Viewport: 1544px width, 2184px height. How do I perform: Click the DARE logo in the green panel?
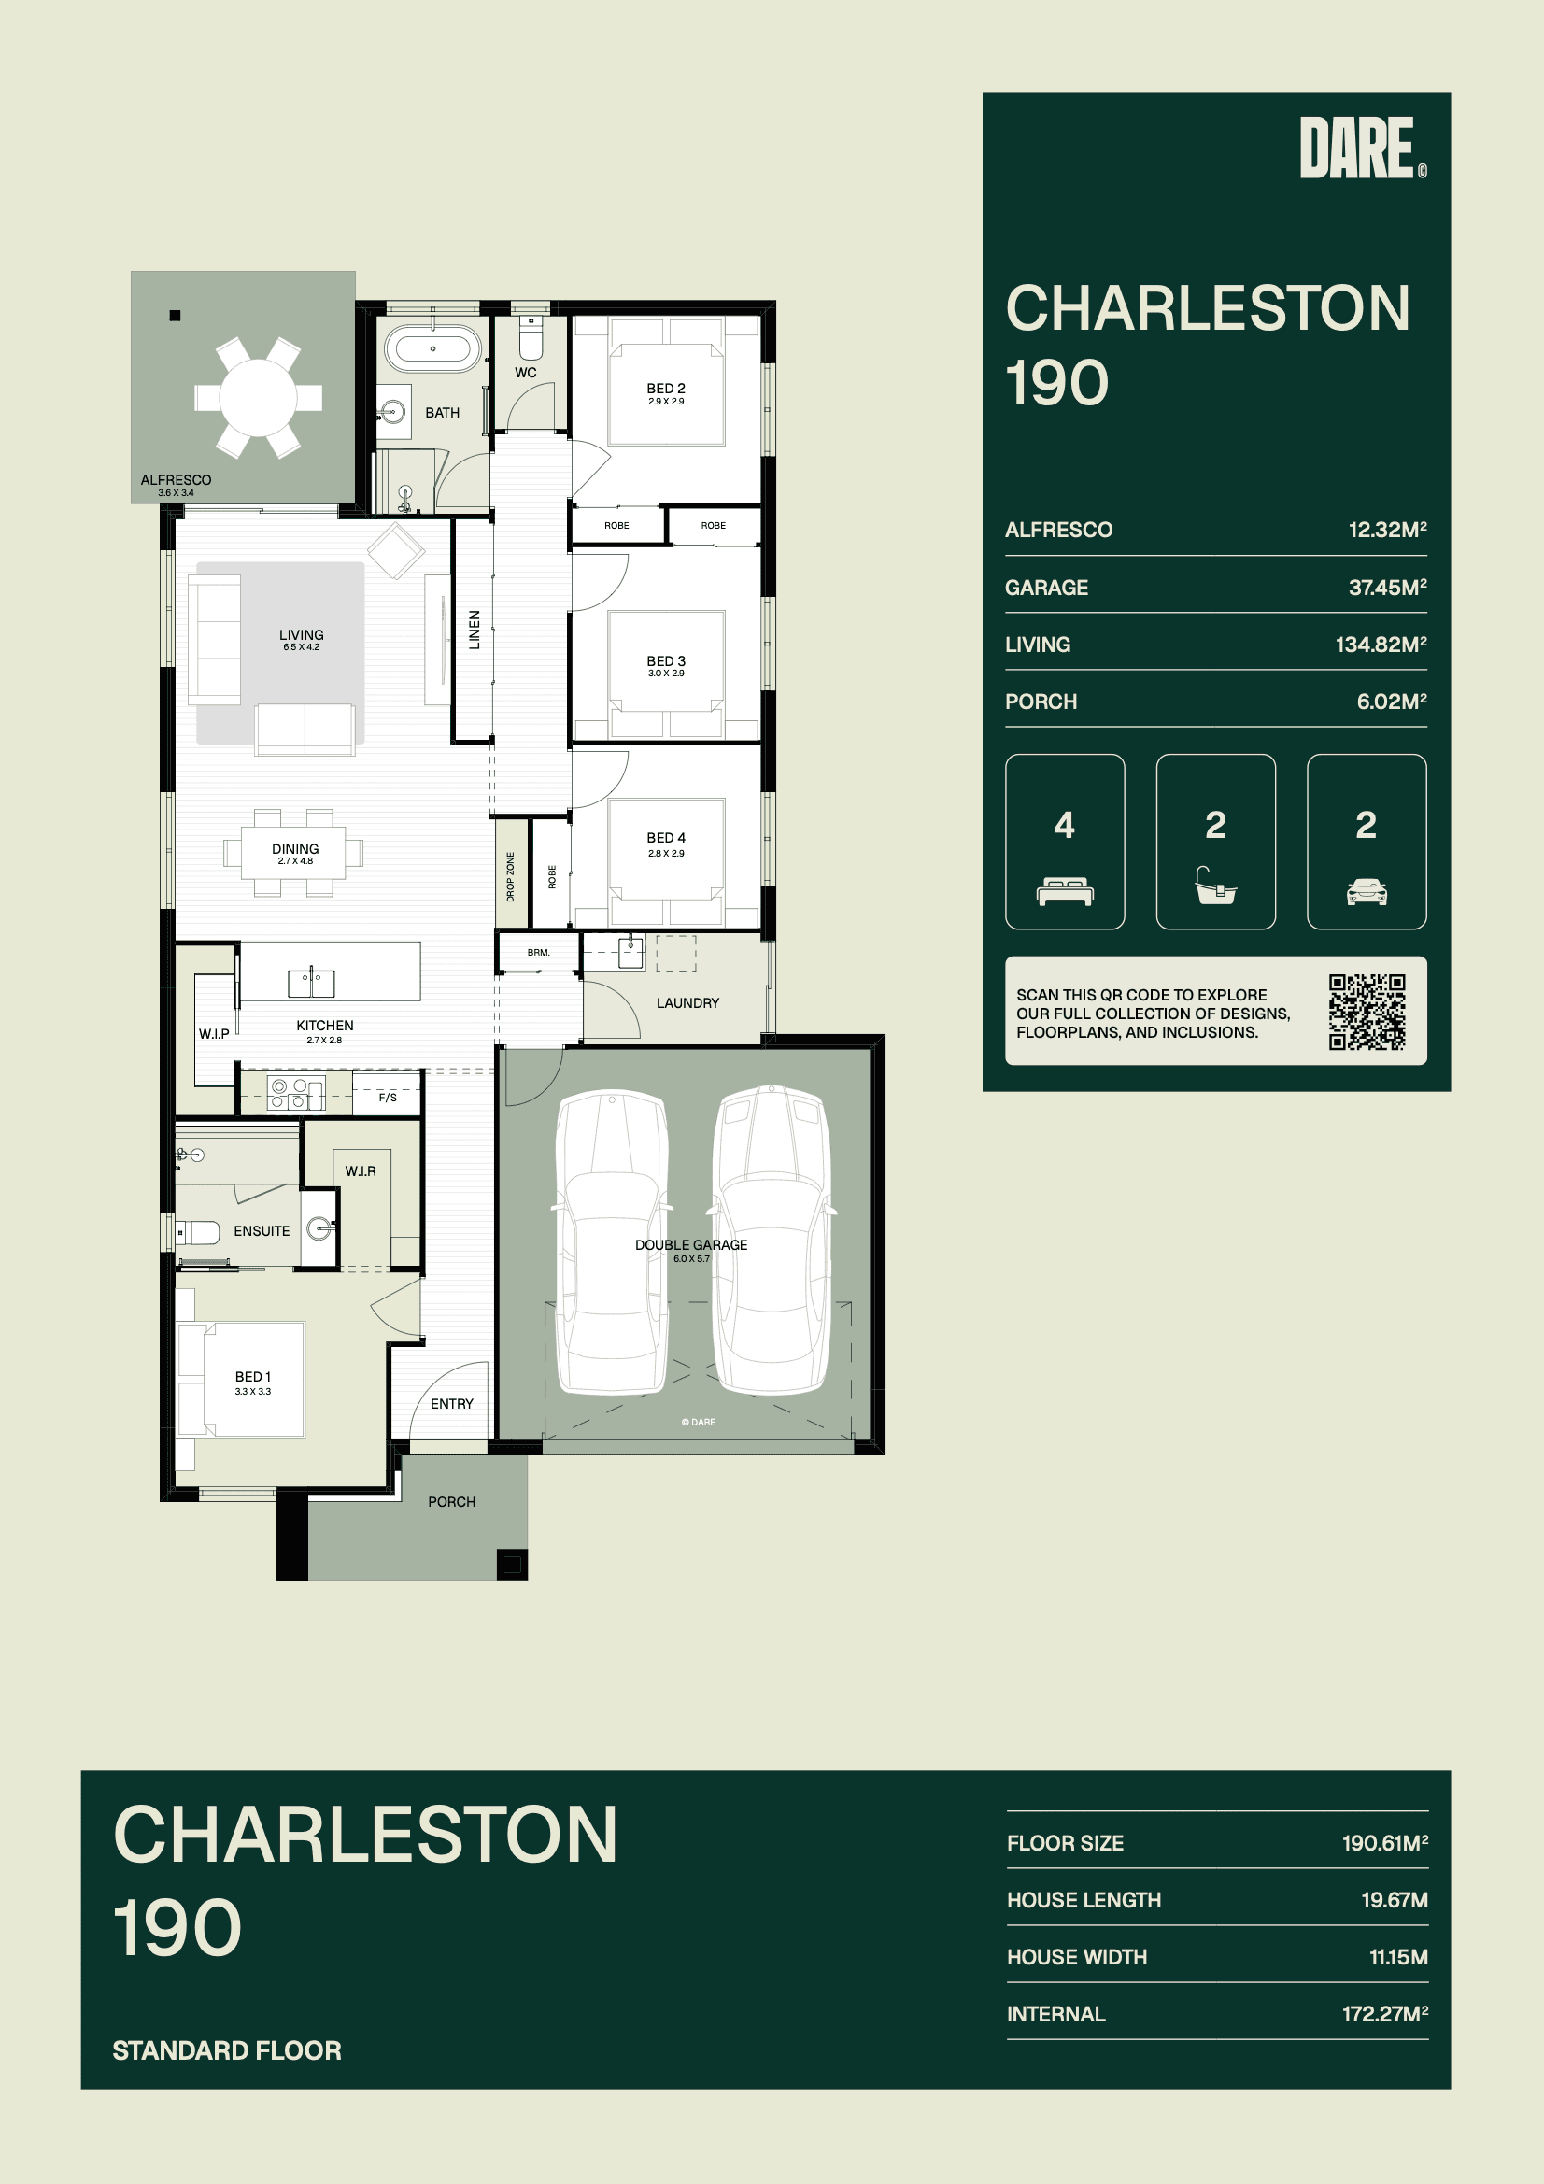click(x=1362, y=148)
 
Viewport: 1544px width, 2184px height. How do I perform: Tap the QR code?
click(x=1367, y=1011)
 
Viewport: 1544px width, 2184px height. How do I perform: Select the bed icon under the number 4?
click(x=1065, y=891)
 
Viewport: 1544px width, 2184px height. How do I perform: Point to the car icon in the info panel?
click(x=1367, y=891)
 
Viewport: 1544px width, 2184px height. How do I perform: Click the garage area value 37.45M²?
click(x=1387, y=587)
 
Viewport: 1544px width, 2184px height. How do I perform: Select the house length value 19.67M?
click(x=1394, y=1900)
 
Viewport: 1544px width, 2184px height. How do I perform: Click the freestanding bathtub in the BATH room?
click(x=432, y=349)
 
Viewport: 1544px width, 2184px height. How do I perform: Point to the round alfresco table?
click(x=258, y=397)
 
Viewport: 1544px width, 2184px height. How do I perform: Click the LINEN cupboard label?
click(x=474, y=630)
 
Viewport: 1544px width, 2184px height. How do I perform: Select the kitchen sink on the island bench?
click(x=311, y=982)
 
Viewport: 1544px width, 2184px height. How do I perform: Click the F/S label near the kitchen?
click(x=388, y=1098)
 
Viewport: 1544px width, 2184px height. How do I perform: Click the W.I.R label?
click(x=361, y=1171)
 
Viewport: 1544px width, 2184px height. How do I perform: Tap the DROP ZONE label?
click(x=510, y=876)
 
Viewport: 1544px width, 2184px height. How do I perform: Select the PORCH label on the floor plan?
click(x=451, y=1501)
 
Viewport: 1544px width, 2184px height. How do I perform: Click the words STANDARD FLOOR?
click(x=226, y=2049)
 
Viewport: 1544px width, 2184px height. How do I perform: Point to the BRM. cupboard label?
click(x=538, y=952)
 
